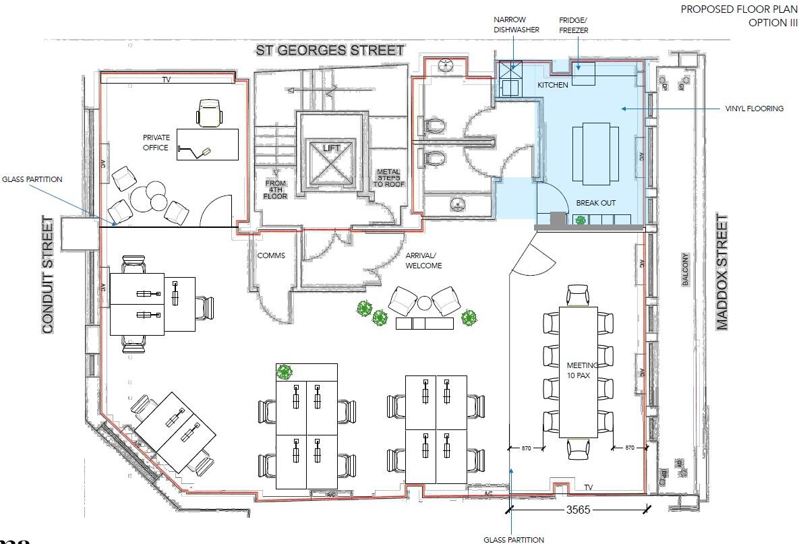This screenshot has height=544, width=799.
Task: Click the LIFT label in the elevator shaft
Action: point(330,147)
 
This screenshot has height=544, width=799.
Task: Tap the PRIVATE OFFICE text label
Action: point(156,142)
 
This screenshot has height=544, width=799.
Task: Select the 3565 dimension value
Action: point(577,510)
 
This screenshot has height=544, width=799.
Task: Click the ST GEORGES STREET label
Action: point(330,50)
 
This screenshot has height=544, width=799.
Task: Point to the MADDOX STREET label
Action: point(722,272)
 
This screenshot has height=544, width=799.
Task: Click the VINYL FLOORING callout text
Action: point(754,109)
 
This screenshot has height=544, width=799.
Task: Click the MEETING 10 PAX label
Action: point(579,370)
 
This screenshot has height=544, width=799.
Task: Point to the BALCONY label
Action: point(686,270)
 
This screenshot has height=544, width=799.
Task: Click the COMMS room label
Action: point(271,255)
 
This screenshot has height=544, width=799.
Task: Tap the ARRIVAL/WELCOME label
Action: point(423,260)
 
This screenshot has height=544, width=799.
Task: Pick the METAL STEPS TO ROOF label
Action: point(388,179)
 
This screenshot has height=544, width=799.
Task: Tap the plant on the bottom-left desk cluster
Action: point(284,371)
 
